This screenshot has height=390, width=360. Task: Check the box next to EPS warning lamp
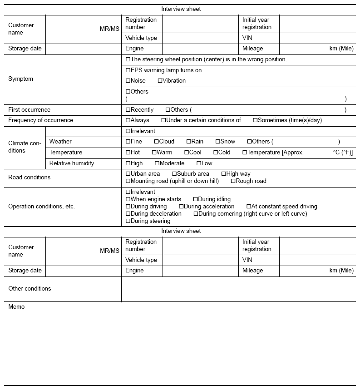point(128,70)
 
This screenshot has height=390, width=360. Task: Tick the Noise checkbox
point(128,81)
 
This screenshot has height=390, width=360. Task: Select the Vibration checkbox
point(160,81)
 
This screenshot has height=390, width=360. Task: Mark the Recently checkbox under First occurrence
point(128,110)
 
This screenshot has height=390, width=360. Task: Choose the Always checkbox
point(128,120)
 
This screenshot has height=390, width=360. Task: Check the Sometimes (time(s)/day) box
point(255,120)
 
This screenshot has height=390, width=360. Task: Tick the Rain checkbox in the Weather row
point(188,142)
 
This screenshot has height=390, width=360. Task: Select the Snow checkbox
point(217,142)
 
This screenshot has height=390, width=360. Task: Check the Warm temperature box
point(154,153)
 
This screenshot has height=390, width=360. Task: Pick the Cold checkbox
point(215,153)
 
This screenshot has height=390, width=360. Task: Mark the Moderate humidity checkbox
point(157,163)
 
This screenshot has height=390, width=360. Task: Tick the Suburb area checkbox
point(174,174)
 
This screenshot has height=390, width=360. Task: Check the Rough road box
point(233,181)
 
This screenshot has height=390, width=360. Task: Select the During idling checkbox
point(195,199)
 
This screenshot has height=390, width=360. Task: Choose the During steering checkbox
point(128,221)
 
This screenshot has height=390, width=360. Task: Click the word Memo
point(16,307)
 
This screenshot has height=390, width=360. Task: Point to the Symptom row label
point(20,79)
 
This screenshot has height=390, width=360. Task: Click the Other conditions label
point(30,289)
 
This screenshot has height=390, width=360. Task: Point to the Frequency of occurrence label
point(40,120)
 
